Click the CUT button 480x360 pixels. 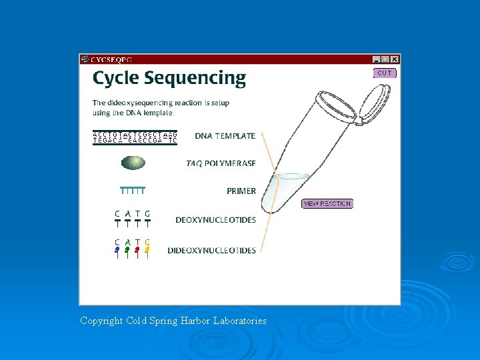click(385, 73)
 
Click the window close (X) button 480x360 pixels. click(395, 59)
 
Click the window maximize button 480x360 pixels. click(386, 59)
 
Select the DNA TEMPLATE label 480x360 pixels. click(225, 136)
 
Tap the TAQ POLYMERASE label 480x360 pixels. click(221, 163)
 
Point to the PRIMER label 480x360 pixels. click(241, 191)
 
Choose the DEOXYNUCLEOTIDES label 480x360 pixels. click(215, 220)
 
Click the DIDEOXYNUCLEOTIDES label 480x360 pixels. click(211, 251)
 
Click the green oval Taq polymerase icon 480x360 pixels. click(133, 163)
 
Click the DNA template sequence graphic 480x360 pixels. click(135, 138)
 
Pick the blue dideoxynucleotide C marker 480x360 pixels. click(117, 251)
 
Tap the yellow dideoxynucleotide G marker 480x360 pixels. click(147, 251)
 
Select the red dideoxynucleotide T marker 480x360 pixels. click(137, 251)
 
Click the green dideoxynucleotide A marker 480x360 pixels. click(127, 251)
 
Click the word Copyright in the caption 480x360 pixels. click(101, 321)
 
